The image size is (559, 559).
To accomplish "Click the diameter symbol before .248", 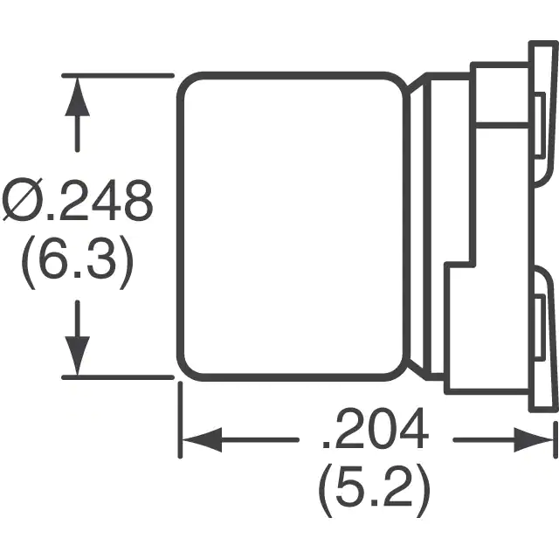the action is [23, 200].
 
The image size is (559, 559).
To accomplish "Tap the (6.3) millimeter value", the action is [78, 262].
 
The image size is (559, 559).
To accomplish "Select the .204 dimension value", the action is [375, 428].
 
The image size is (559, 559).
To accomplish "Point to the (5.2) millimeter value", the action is [375, 490].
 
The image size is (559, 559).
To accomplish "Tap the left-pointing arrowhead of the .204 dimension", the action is [202, 440].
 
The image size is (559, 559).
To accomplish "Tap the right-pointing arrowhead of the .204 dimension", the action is [534, 440].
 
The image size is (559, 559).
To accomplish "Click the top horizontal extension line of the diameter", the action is [118, 76].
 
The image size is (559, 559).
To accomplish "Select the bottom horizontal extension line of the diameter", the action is [118, 377].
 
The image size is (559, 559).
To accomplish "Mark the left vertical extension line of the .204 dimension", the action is [180, 419].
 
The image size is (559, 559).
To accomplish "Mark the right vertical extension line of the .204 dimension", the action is [556, 439].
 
